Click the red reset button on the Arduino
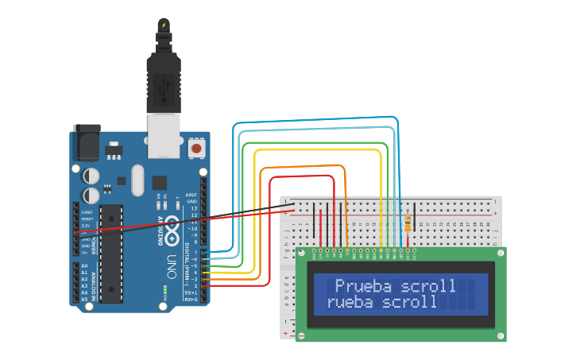point(196,148)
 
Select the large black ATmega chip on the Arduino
point(111,254)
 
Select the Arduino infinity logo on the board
point(170,228)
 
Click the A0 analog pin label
point(85,266)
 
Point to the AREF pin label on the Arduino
point(191,195)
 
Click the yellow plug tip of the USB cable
point(164,25)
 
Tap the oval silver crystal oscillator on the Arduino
point(137,180)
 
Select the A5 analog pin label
point(85,299)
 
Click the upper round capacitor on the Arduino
point(91,174)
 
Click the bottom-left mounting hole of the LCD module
point(302,336)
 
